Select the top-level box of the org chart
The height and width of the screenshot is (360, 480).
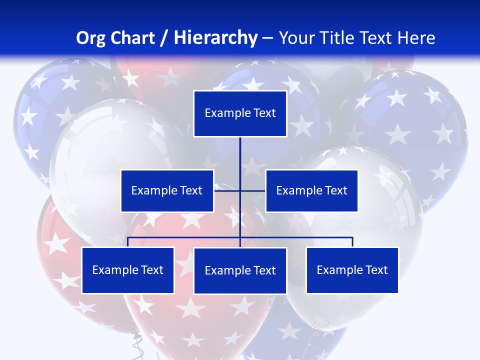coord(240,113)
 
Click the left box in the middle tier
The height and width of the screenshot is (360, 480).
coord(167,190)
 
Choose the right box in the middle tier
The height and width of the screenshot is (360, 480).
coord(311,190)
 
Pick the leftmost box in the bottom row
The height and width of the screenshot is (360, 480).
coord(127,270)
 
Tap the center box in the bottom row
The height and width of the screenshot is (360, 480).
coord(240,270)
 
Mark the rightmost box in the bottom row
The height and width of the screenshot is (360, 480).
coord(352,270)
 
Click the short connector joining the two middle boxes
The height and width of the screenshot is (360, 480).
coord(228,190)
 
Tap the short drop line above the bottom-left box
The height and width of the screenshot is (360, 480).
coord(127,242)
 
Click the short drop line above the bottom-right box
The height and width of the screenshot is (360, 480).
coord(352,242)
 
